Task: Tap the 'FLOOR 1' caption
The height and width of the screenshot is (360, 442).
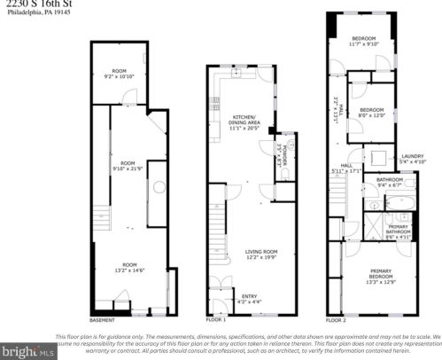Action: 216,318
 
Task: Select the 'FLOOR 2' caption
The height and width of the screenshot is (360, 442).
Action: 336,319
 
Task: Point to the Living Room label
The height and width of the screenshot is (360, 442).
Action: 261,255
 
